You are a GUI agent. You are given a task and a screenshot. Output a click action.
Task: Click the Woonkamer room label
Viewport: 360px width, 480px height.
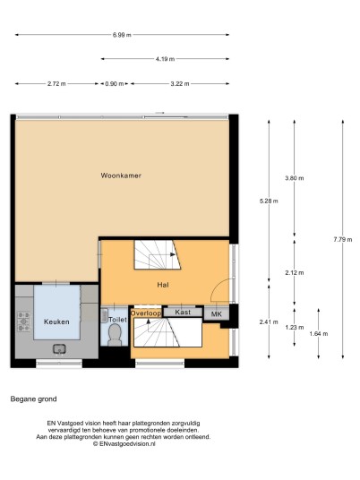click(x=121, y=176)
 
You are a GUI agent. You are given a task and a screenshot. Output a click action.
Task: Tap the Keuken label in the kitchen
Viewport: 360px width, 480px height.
click(x=56, y=321)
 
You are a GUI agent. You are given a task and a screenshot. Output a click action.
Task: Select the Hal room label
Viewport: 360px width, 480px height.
click(x=163, y=285)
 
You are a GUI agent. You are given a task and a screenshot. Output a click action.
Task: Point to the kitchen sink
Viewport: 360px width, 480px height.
click(x=59, y=348)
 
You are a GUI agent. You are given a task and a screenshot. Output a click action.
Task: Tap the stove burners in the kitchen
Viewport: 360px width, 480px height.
click(x=24, y=321)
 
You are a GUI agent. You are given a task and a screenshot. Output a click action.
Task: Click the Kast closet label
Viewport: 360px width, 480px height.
click(x=183, y=313)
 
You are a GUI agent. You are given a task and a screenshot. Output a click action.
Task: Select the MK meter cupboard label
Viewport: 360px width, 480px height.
click(x=217, y=314)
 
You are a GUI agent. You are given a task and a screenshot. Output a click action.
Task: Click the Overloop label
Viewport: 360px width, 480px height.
click(x=146, y=313)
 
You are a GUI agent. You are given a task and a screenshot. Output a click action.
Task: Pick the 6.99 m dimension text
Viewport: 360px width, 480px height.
click(x=122, y=35)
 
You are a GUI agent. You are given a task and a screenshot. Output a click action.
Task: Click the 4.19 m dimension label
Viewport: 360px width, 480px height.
click(x=165, y=59)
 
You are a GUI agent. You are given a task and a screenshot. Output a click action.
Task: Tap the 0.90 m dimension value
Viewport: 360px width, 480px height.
click(x=115, y=83)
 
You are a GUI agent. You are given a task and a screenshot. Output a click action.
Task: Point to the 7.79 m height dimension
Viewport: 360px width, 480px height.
click(x=343, y=239)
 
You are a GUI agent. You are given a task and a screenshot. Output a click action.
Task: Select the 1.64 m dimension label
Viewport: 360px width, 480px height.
click(x=319, y=334)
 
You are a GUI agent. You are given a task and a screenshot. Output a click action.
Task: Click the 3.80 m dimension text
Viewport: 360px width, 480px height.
click(x=295, y=178)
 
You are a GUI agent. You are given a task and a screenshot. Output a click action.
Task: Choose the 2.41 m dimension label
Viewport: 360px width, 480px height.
click(x=269, y=321)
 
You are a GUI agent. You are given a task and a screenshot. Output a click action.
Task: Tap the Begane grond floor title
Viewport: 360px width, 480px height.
click(x=33, y=399)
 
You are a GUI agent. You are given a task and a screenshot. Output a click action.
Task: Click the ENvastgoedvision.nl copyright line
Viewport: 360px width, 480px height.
click(x=124, y=443)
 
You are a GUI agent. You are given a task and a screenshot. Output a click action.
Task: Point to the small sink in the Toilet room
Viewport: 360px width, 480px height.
click(x=105, y=315)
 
